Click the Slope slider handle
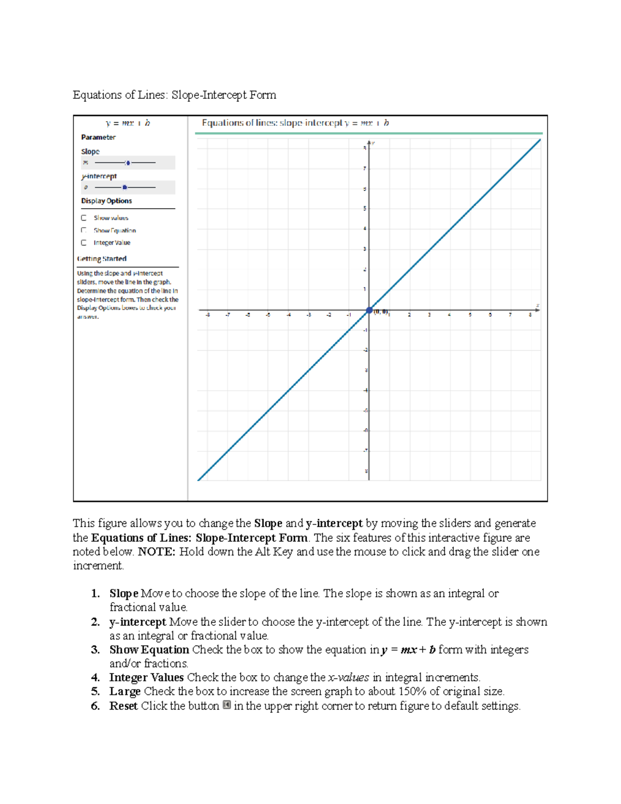(128, 163)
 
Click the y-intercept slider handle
(124, 187)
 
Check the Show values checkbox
(84, 218)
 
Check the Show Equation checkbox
(84, 230)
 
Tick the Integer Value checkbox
(84, 243)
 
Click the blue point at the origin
(369, 311)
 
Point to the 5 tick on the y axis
(365, 209)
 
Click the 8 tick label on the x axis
(530, 315)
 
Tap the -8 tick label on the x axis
(208, 315)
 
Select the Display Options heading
(106, 201)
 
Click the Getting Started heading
(102, 259)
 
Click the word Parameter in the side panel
(98, 137)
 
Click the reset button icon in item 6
(227, 705)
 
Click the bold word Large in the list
(125, 692)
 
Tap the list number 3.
(95, 650)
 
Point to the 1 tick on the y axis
(365, 289)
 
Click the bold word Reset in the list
(123, 706)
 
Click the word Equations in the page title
(97, 95)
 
